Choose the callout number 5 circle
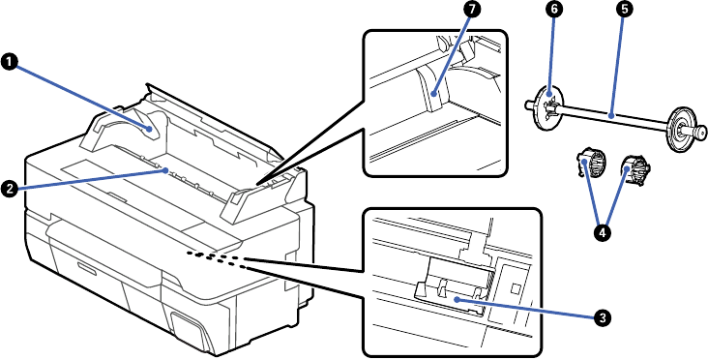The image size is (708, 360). pos(625,11)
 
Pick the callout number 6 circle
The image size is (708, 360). pos(554,11)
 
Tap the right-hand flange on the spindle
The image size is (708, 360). pos(681,128)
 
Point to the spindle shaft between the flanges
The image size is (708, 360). pos(613,115)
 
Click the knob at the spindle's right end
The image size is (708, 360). pos(701,133)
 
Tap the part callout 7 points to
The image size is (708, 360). pos(429,87)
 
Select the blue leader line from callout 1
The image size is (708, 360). pos(83,98)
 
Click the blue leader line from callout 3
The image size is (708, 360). pos(524,309)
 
